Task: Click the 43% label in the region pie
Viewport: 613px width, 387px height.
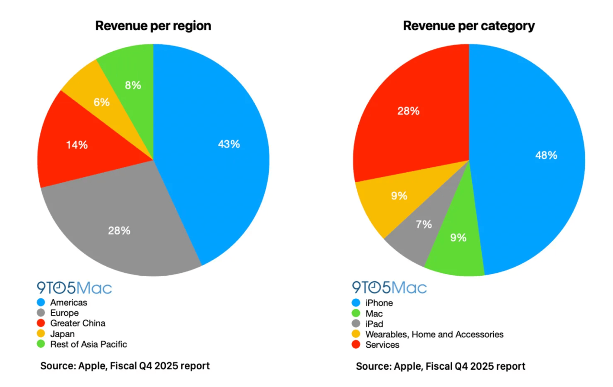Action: tap(228, 144)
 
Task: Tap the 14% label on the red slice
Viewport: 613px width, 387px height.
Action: tap(76, 145)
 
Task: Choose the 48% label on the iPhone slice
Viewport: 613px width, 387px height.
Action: tap(546, 155)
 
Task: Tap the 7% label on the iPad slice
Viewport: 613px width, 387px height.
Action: tap(424, 224)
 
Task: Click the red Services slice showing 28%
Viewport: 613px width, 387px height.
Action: tap(409, 111)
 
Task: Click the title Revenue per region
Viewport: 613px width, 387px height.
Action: tap(153, 26)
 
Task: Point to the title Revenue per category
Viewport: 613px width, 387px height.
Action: tap(469, 26)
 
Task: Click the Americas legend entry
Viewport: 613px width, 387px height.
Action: tap(69, 303)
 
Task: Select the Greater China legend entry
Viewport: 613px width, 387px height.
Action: tap(78, 323)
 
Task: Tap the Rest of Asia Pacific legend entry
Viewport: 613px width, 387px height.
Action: tap(89, 344)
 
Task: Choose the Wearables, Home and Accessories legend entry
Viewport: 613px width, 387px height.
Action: tap(434, 334)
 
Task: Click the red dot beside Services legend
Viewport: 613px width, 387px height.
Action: tap(355, 345)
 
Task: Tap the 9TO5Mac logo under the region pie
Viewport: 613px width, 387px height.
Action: tap(75, 288)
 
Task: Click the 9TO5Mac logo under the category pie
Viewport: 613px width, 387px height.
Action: tap(389, 288)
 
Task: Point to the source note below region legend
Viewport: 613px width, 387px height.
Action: tap(125, 366)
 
